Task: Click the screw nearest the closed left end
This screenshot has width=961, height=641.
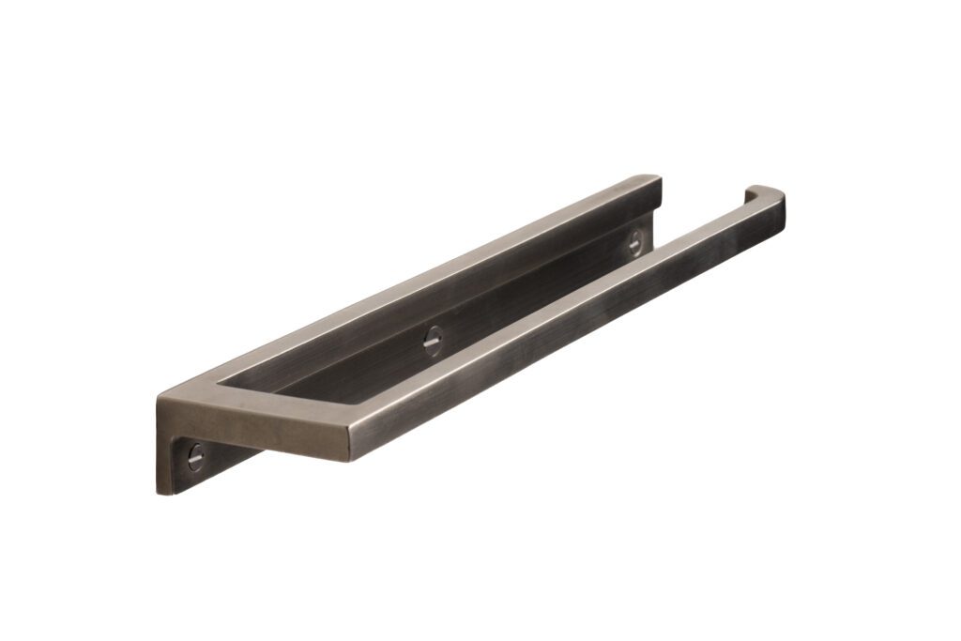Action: point(195,457)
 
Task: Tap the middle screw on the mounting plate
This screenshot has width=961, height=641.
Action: point(433,341)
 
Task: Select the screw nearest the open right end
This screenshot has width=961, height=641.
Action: point(635,242)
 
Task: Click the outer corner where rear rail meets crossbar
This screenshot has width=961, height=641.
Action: point(161,414)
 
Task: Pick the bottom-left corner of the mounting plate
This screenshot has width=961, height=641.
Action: point(159,492)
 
